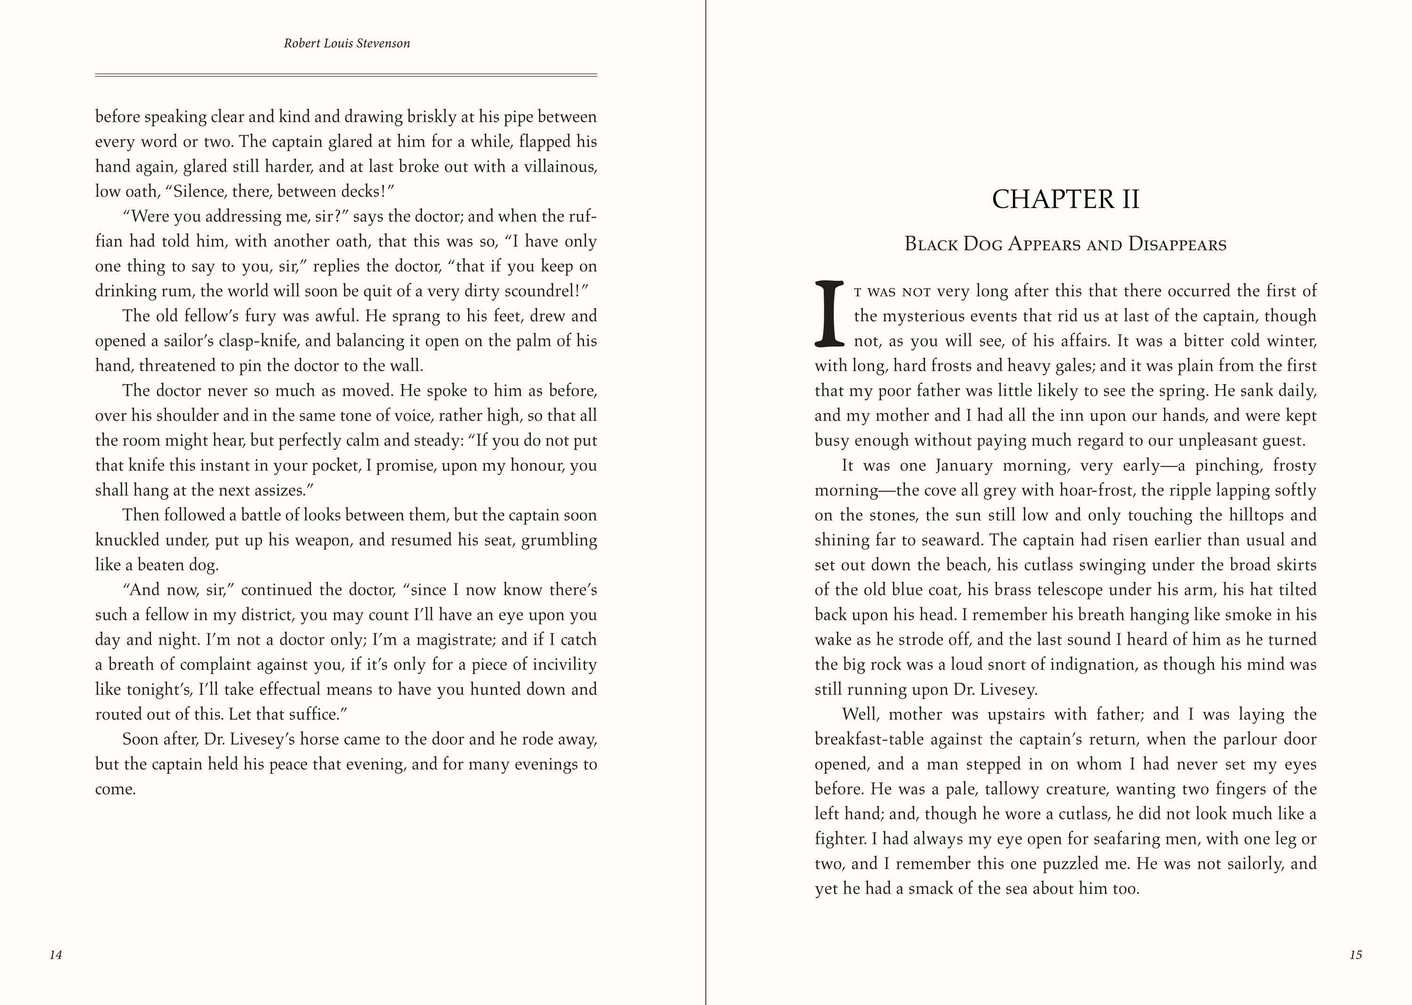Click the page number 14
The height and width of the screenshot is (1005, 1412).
(56, 955)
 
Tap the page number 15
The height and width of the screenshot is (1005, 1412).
(1356, 955)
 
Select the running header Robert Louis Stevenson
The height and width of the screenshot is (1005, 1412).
(346, 43)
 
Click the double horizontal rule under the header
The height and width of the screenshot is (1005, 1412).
(346, 75)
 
